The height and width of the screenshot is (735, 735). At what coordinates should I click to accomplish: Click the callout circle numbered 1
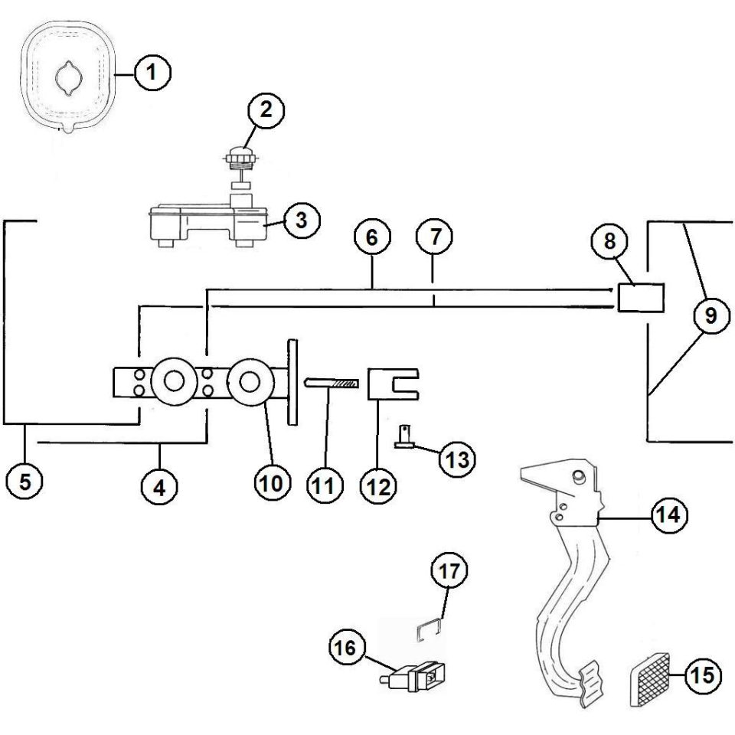[152, 73]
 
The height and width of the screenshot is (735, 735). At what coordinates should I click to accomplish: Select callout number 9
[711, 315]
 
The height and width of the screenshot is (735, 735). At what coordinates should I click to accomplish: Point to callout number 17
[449, 571]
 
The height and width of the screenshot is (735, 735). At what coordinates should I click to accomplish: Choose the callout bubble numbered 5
[24, 481]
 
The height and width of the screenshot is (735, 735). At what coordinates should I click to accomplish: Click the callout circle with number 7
[435, 236]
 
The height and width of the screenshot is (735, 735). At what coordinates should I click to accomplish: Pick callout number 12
[379, 486]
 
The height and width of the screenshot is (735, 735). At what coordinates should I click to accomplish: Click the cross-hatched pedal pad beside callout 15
[648, 680]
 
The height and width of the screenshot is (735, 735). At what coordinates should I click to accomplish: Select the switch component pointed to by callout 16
[412, 676]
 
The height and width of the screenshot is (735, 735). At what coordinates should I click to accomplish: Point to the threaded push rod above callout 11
[332, 383]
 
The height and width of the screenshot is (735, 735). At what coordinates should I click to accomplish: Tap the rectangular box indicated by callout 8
[641, 298]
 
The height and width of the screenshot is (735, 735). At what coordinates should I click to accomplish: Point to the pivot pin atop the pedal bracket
[579, 475]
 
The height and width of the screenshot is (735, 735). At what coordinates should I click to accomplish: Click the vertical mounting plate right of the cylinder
[292, 383]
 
